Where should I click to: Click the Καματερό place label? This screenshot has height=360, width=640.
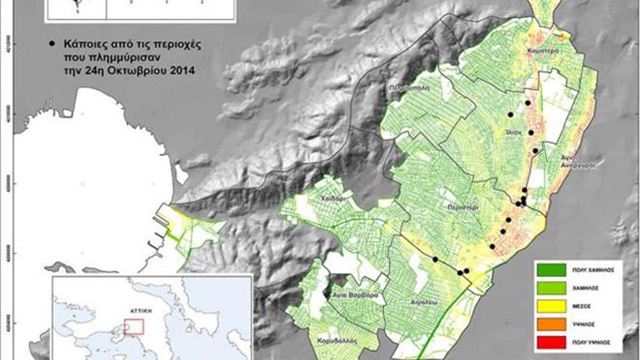point(541,51)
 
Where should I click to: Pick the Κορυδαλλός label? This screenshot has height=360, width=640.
point(319,341)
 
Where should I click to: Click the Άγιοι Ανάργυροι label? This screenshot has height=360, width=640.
point(574,160)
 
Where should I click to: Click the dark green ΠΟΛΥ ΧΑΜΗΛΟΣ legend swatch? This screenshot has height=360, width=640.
point(550,270)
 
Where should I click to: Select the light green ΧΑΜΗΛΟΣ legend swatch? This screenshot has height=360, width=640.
point(550,288)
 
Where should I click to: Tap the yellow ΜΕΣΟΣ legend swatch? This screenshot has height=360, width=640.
point(550,305)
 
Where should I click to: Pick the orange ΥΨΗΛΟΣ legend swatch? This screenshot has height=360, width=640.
point(550,323)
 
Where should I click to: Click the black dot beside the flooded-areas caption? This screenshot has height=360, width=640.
point(52,41)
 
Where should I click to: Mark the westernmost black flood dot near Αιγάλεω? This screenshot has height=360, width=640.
point(434,259)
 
